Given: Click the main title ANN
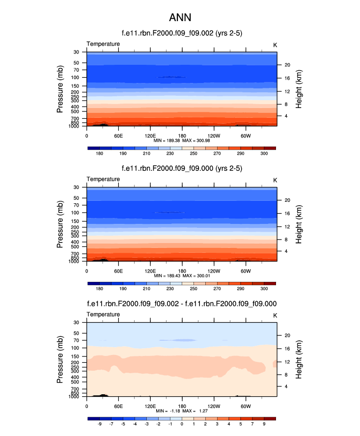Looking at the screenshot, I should [x=180, y=18].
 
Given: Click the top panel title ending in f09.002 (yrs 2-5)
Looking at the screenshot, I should [x=182, y=33].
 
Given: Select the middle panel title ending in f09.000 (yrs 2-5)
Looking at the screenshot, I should [x=182, y=168].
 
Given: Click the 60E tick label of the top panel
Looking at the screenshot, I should [x=118, y=136].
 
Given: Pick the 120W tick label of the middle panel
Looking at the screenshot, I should [x=214, y=271].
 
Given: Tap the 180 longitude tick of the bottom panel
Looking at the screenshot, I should [x=182, y=406].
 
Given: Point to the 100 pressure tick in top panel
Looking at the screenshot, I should [x=76, y=78].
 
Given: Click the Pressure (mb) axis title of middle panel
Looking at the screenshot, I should [x=60, y=224].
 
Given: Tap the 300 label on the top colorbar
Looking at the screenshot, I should [x=264, y=154].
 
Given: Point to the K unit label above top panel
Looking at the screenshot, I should [x=275, y=45].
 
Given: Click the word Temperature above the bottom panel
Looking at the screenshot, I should [x=103, y=314].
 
